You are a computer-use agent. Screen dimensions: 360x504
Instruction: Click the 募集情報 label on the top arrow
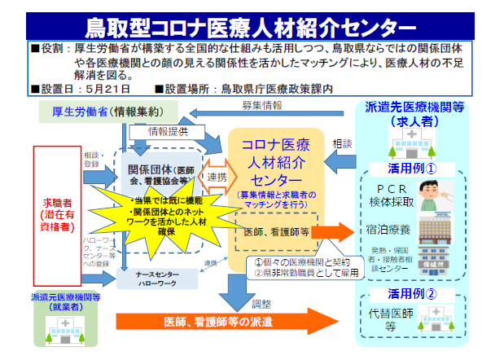(262, 105)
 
